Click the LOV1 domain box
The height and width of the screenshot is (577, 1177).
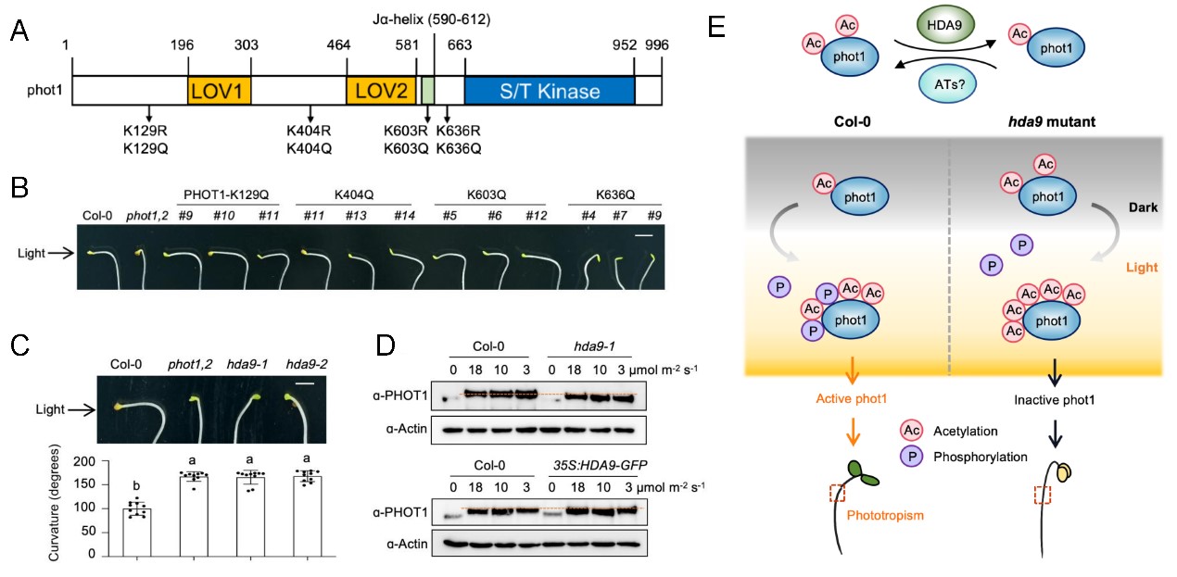point(220,91)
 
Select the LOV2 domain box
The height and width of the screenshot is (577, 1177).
point(382,91)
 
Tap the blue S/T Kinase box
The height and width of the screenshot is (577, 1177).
point(549,91)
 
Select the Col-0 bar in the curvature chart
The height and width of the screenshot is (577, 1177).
point(137,532)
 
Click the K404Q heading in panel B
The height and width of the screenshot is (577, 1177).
point(353,197)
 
